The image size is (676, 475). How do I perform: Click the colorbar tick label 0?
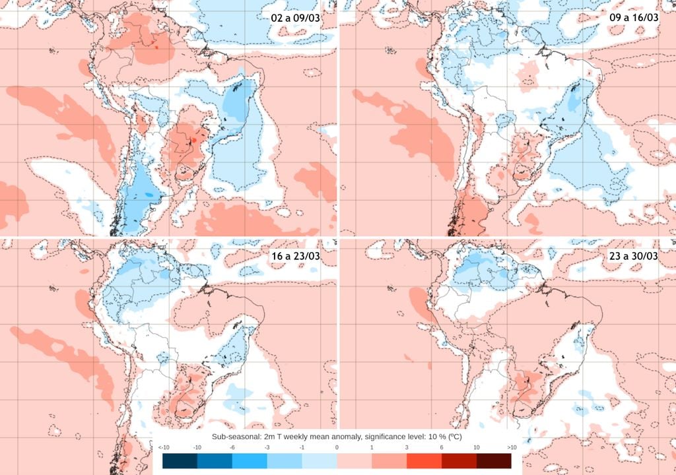(x=337, y=448)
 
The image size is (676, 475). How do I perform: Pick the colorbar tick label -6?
(x=232, y=448)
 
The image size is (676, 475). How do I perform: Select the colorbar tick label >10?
(x=511, y=448)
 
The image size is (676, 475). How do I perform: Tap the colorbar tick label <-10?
(x=162, y=448)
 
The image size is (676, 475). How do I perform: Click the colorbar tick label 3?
(x=407, y=448)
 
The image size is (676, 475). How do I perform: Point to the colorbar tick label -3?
(x=267, y=448)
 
